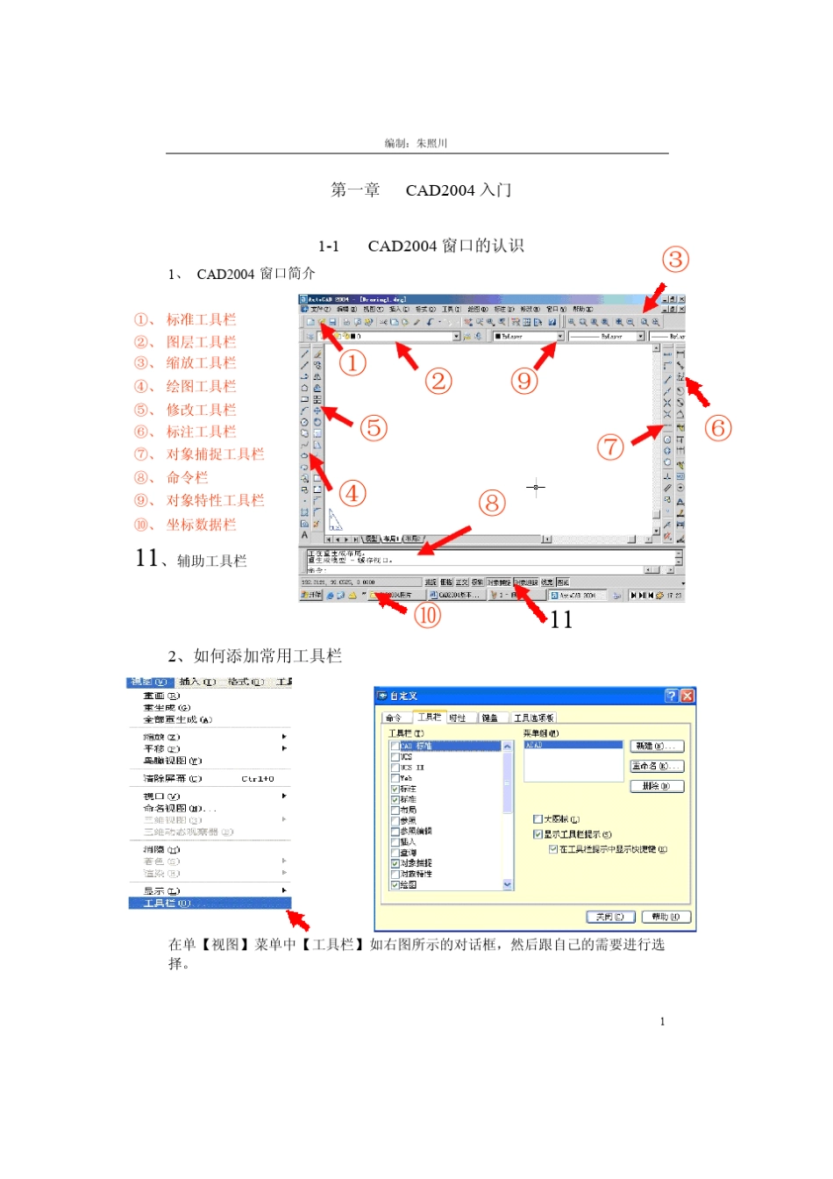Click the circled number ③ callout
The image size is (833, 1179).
[x=674, y=260]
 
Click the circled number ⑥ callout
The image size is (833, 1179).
[x=717, y=428]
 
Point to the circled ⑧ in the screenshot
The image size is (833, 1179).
[x=492, y=504]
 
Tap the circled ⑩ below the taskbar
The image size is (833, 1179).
[x=427, y=615]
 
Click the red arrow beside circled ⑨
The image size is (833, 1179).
[x=545, y=354]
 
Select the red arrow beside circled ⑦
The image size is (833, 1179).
[x=647, y=434]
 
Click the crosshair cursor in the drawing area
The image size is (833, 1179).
[x=536, y=487]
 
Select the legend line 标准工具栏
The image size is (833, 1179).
[x=201, y=319]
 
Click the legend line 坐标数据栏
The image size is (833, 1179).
[x=201, y=525]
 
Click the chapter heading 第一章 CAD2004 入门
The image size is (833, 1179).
[x=421, y=190]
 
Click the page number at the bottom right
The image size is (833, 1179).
[x=662, y=1021]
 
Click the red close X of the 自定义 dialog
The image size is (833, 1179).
[x=687, y=696]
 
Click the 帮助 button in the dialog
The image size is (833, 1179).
[x=666, y=917]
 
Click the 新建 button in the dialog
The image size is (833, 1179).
[x=657, y=746]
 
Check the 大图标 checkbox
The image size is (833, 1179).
[x=538, y=819]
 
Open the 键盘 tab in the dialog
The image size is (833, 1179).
[x=489, y=718]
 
